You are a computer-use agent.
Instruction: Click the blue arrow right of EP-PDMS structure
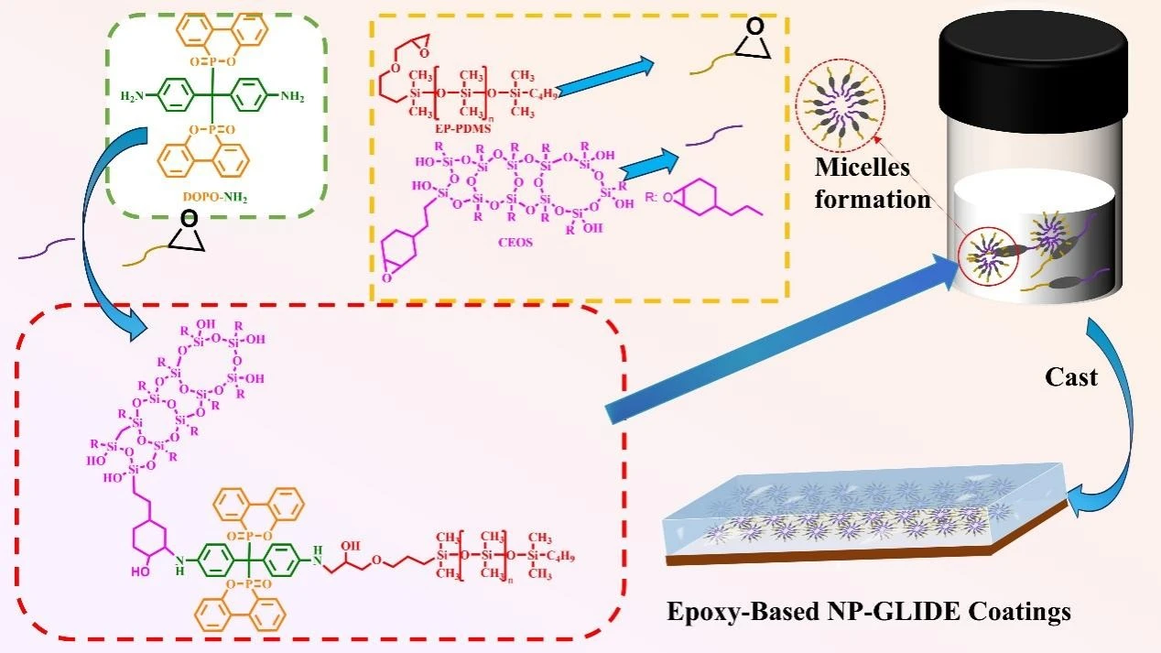(x=604, y=74)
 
